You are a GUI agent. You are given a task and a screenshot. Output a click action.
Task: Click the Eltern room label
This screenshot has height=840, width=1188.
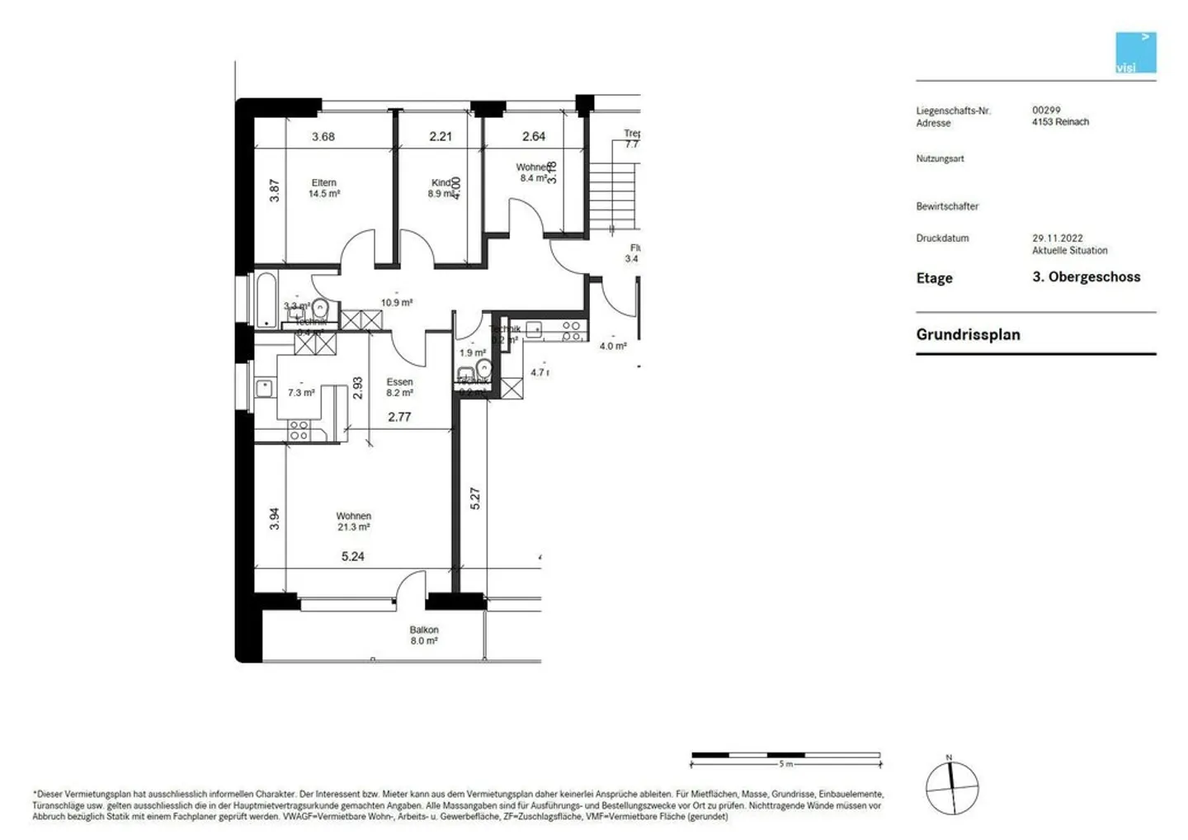(323, 183)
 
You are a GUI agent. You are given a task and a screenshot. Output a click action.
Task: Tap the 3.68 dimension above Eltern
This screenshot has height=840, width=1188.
(323, 137)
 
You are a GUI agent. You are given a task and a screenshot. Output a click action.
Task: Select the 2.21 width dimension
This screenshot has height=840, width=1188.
(441, 137)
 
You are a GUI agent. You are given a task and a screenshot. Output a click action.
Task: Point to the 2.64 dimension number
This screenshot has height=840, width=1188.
(534, 137)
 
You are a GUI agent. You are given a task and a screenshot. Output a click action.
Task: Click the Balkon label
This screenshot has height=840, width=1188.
(424, 630)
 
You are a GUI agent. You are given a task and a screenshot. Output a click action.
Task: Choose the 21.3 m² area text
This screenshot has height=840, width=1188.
(353, 527)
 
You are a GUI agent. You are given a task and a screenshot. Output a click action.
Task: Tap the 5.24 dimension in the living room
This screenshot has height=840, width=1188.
(352, 557)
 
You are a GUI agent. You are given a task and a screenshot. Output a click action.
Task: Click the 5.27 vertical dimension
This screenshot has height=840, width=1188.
(475, 498)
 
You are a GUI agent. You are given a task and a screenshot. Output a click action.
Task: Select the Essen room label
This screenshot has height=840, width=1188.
(399, 382)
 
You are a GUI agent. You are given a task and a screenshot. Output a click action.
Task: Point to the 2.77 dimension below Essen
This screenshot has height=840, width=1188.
(399, 418)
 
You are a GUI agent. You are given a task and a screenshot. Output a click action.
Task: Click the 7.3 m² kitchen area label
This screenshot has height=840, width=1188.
(301, 394)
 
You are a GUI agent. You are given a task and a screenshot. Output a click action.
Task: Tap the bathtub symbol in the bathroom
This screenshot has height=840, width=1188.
(266, 299)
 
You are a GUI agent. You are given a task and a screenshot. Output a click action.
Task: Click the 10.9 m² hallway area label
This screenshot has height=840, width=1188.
(397, 303)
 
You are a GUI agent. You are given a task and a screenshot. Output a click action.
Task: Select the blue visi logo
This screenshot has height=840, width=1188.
(1136, 53)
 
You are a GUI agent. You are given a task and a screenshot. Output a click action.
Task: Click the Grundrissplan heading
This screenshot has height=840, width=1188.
(968, 335)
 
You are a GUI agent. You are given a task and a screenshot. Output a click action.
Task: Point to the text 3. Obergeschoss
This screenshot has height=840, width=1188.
(1086, 277)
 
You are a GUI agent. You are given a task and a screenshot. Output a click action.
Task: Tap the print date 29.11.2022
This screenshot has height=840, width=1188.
(1058, 238)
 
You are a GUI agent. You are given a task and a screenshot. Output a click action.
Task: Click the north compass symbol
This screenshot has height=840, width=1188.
(952, 787)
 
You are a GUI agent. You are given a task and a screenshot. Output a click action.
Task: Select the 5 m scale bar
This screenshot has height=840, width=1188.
(785, 756)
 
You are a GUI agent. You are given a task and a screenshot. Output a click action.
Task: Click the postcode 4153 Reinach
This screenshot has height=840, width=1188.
(1060, 122)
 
